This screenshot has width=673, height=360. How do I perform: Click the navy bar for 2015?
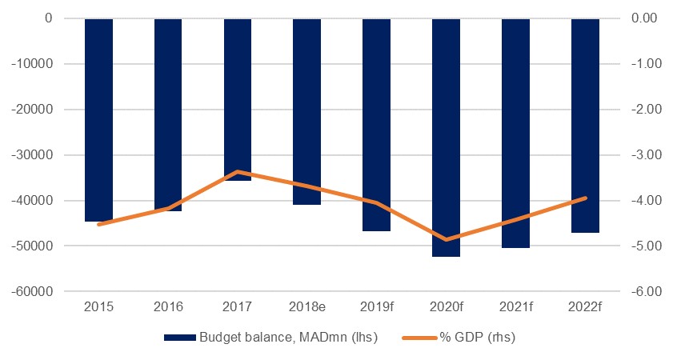[x=99, y=120]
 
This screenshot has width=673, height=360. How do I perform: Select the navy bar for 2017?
[x=238, y=99]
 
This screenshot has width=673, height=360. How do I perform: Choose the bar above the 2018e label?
[x=307, y=111]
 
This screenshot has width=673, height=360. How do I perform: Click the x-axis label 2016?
[x=169, y=306]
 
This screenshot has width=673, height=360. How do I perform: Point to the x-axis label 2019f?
[x=377, y=306]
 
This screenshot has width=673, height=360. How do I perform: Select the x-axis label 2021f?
[x=515, y=306]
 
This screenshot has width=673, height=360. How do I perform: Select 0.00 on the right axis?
[x=647, y=18]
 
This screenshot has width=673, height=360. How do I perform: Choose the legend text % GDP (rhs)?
[x=477, y=338]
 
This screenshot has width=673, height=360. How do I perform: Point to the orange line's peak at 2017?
[x=238, y=171]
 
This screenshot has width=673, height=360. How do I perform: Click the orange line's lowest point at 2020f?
[x=446, y=239]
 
